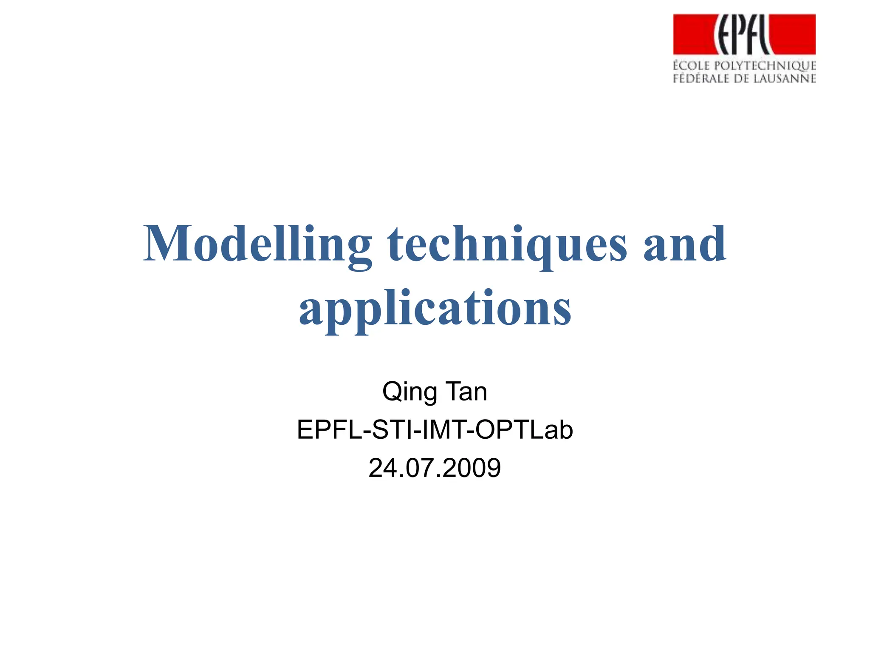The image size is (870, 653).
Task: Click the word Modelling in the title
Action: click(257, 244)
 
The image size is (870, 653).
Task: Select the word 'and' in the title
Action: click(685, 244)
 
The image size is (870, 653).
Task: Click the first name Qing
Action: click(410, 392)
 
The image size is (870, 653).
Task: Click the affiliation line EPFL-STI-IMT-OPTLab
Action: click(435, 430)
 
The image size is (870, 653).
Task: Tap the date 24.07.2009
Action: click(435, 468)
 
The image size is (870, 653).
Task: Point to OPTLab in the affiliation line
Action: click(524, 430)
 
